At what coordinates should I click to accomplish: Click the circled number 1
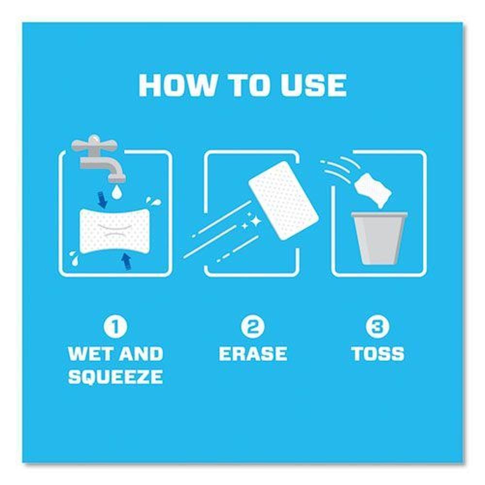(115, 326)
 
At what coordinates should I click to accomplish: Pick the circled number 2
(253, 326)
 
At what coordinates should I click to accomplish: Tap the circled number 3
(377, 326)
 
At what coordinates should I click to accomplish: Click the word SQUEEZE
(115, 377)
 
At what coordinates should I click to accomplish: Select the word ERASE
(253, 354)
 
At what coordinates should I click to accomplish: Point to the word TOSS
(378, 354)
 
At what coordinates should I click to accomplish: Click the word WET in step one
(89, 354)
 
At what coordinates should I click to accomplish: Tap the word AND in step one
(141, 354)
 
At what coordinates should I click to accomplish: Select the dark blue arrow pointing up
(126, 262)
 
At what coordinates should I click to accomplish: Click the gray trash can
(379, 238)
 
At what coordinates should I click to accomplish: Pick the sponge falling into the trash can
(372, 189)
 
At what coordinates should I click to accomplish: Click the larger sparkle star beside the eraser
(256, 221)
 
